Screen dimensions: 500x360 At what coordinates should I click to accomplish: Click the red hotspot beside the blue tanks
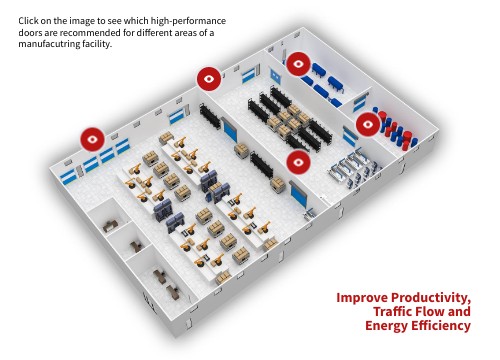(x=298, y=64)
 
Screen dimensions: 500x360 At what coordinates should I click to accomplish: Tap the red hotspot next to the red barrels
(x=368, y=124)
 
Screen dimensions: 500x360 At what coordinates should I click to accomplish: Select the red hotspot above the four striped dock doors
(x=93, y=139)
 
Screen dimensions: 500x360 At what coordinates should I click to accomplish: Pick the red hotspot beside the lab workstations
(x=299, y=162)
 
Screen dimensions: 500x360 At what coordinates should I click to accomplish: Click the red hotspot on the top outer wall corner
(x=209, y=79)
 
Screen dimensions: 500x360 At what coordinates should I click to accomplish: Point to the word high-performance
(x=188, y=21)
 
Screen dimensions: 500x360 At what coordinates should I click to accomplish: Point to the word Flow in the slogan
(x=428, y=312)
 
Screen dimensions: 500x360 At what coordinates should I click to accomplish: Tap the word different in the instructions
(x=156, y=33)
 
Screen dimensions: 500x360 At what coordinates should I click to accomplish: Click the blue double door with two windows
(x=275, y=76)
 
